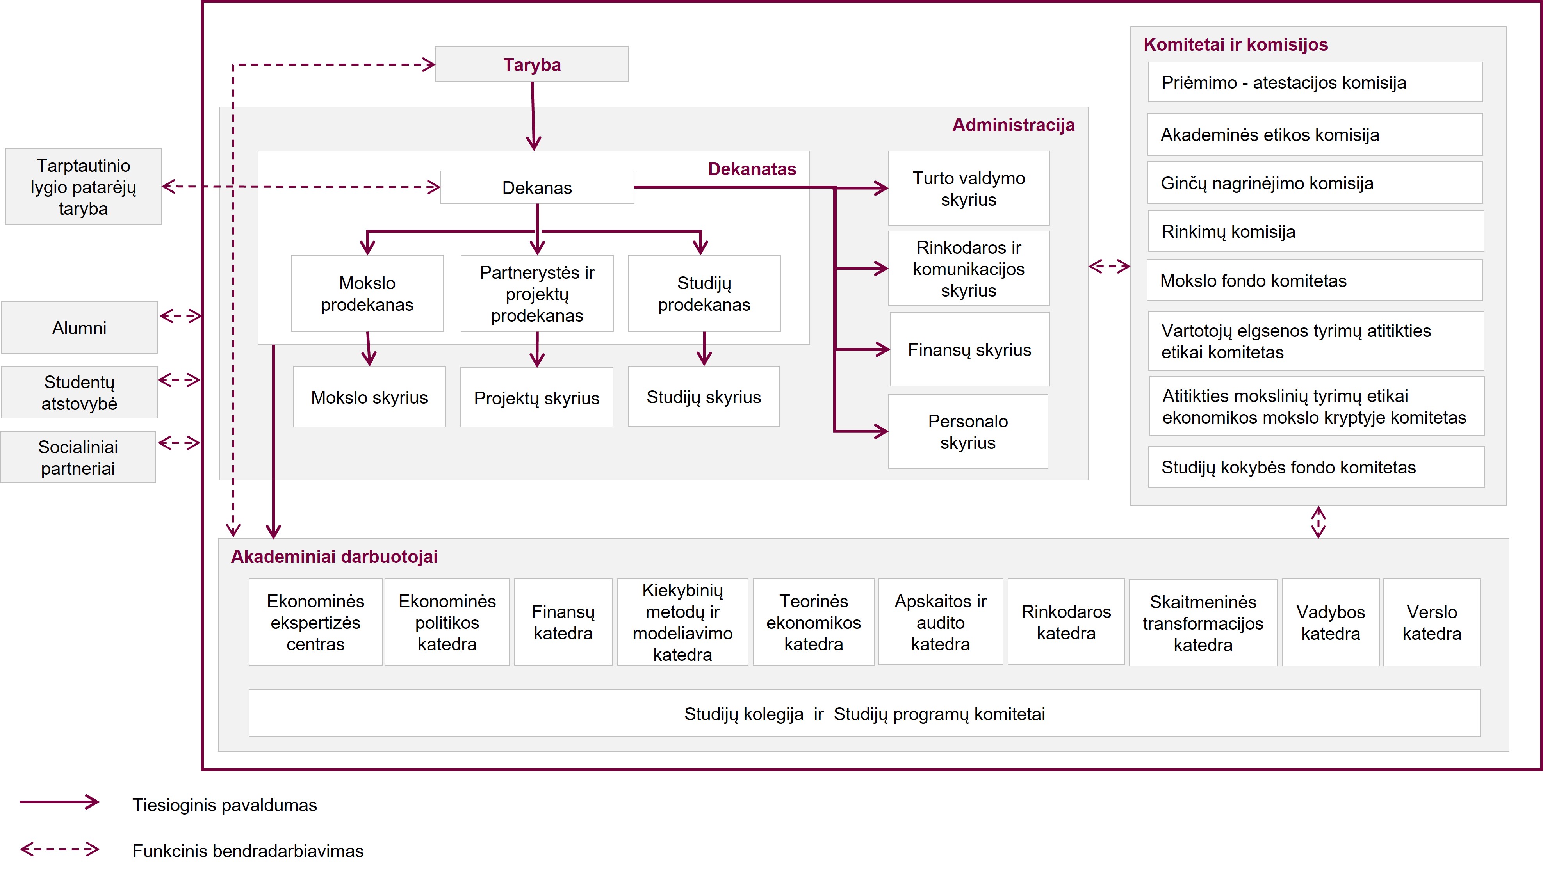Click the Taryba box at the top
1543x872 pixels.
click(x=531, y=64)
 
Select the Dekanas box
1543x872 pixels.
click(x=537, y=187)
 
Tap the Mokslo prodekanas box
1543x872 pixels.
click(x=367, y=294)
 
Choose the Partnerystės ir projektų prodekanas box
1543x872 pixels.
click(x=537, y=294)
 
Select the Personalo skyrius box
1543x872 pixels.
click(x=968, y=431)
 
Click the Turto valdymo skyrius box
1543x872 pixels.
click(x=969, y=188)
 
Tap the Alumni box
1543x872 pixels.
click(x=80, y=327)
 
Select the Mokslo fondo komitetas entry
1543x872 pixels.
click(x=1315, y=280)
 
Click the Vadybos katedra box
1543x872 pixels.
click(x=1330, y=622)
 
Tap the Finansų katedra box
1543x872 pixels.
click(x=563, y=622)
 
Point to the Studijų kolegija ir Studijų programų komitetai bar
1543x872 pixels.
click(x=864, y=713)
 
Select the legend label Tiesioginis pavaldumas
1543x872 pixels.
click(x=225, y=804)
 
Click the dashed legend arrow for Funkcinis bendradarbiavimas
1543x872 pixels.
click(x=59, y=849)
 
